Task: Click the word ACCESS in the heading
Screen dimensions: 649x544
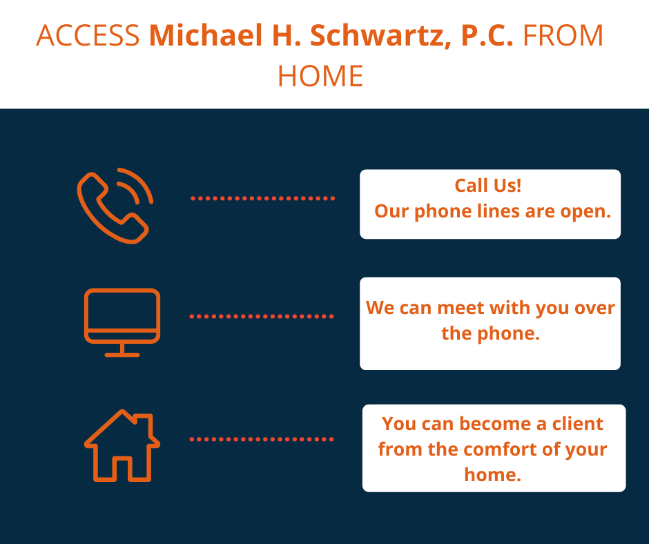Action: [88, 35]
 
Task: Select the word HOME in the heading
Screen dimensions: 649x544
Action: [320, 76]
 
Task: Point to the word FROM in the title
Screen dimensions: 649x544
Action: [563, 35]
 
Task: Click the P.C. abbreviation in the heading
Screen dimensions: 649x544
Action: [487, 35]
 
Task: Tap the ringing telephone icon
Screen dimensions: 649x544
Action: [115, 206]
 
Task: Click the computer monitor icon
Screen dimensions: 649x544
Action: [122, 322]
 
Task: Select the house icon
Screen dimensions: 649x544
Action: [122, 445]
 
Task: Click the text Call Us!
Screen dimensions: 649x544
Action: [488, 186]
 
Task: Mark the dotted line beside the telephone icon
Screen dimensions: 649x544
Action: [263, 199]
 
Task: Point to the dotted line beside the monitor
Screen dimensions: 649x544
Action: [262, 316]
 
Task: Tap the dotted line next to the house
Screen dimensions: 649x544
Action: [262, 439]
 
